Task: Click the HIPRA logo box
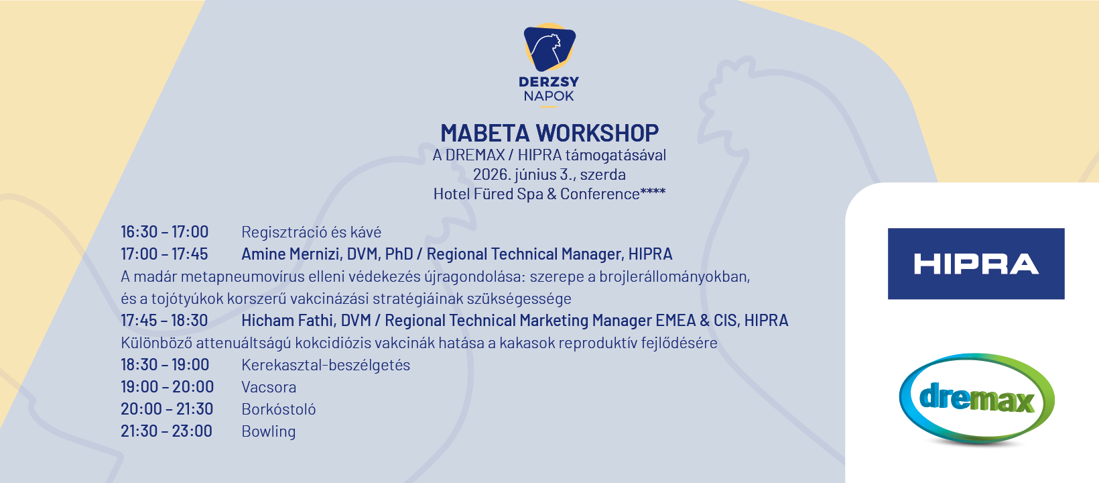(x=976, y=264)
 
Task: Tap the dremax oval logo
(x=976, y=398)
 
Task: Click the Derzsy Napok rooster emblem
(x=549, y=48)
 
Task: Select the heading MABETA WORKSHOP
(x=549, y=133)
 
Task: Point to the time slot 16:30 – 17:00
(x=164, y=232)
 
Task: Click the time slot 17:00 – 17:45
(x=164, y=254)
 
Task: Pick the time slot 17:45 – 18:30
(x=164, y=321)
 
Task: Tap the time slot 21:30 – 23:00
(x=166, y=431)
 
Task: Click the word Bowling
(x=268, y=431)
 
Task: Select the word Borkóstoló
(x=278, y=409)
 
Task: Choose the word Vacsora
(x=269, y=387)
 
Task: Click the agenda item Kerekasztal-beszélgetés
(x=326, y=365)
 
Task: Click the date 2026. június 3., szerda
(x=549, y=174)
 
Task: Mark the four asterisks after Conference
(x=653, y=192)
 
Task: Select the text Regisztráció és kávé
(x=311, y=232)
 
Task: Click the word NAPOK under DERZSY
(x=549, y=96)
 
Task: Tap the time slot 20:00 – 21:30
(x=167, y=409)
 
